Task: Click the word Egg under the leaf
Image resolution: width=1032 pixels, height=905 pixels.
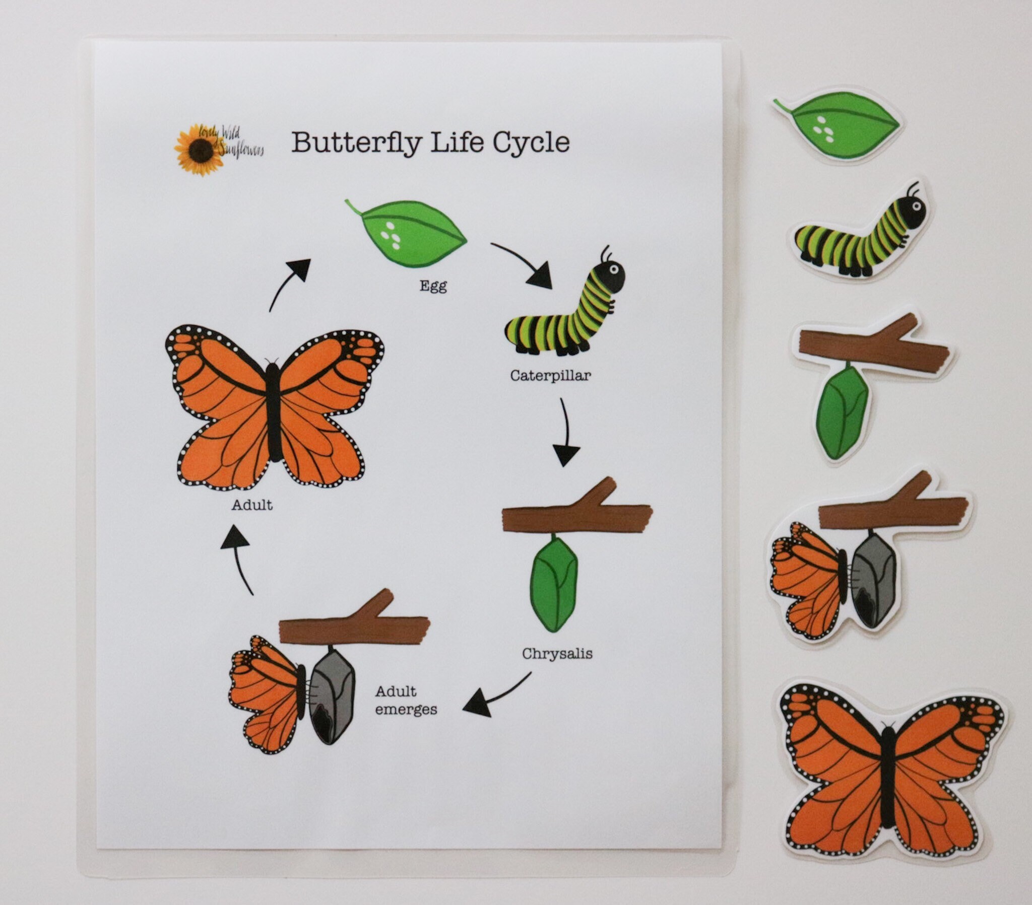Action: click(433, 287)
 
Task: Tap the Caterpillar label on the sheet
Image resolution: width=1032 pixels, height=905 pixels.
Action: click(550, 376)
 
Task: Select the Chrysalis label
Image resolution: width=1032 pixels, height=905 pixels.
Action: click(557, 654)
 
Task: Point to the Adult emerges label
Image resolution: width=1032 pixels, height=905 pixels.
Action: click(406, 700)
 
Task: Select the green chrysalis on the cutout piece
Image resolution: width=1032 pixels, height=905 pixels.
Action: click(843, 411)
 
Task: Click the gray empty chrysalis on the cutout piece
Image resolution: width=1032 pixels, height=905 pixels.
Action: click(873, 581)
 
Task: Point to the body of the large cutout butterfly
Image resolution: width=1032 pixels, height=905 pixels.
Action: click(887, 777)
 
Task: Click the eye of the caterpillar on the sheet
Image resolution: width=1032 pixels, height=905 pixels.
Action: click(613, 269)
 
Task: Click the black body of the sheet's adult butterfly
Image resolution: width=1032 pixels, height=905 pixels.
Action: click(273, 411)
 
